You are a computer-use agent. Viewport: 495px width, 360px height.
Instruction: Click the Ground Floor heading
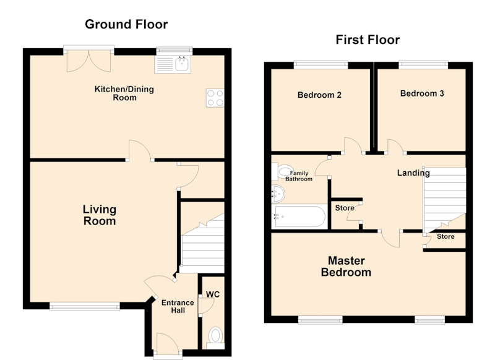point(126,24)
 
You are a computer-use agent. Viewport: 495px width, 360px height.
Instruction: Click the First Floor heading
point(368,40)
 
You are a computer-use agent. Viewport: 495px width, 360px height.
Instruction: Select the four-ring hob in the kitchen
point(215,98)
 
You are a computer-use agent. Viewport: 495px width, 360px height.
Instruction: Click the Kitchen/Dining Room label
point(124,93)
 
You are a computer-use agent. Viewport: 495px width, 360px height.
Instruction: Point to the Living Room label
point(100,215)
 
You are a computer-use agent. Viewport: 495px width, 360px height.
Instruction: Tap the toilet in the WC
point(215,338)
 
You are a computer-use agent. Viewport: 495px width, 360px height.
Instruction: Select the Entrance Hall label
point(178,306)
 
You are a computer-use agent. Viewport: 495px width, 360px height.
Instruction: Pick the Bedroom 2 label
point(319,95)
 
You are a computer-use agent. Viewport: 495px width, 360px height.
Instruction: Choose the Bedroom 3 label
point(422,93)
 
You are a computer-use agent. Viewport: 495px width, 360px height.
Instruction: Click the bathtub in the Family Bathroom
point(299,216)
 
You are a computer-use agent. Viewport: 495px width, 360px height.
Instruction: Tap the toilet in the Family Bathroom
point(283,171)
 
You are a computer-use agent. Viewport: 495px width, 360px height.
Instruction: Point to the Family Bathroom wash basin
point(278,194)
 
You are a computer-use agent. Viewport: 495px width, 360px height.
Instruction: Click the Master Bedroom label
point(346,267)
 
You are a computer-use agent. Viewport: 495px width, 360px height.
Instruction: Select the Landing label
point(413,173)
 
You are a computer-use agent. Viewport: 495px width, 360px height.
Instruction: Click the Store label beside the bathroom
point(345,208)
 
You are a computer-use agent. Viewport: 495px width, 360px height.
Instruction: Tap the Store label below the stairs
point(445,237)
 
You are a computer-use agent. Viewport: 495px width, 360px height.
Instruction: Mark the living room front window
point(85,306)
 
